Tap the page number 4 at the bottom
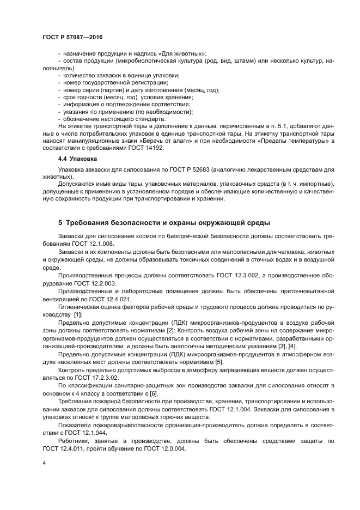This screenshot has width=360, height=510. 44,463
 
